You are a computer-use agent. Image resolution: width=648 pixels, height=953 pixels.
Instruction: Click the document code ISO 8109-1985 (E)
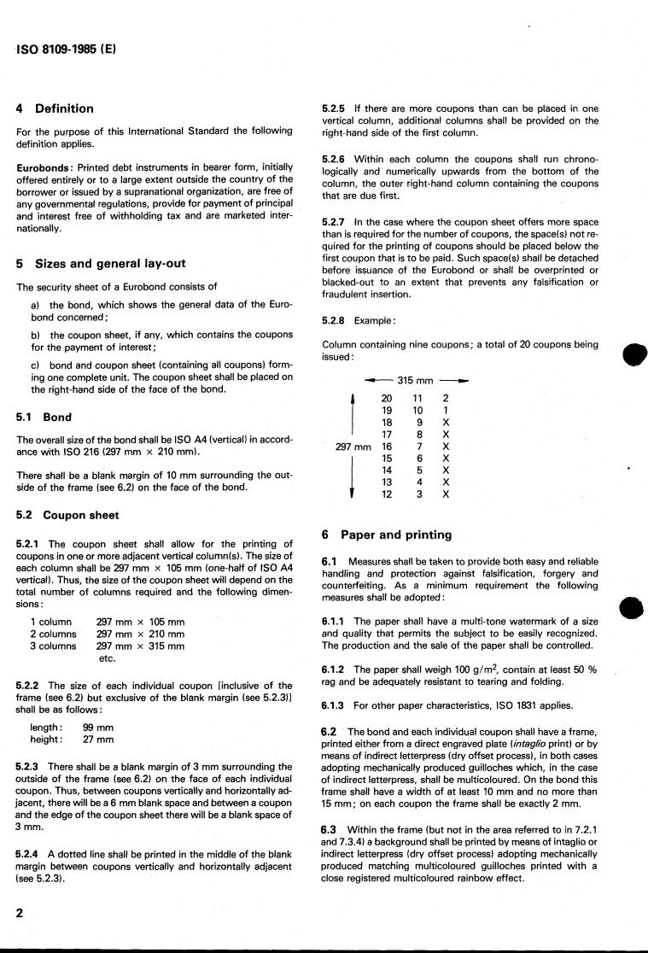pos(66,50)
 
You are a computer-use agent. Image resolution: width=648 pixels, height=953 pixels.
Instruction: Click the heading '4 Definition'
pos(55,108)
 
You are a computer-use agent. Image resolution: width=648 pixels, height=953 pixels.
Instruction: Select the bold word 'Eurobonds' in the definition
pos(42,168)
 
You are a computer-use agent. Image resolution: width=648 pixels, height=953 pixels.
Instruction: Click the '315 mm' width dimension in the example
pos(416,380)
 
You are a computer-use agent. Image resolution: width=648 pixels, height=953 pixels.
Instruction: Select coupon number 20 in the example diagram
pos(387,398)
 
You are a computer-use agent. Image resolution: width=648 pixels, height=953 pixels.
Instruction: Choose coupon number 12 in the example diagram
pos(387,494)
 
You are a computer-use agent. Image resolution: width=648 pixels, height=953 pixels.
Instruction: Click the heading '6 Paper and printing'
pos(387,535)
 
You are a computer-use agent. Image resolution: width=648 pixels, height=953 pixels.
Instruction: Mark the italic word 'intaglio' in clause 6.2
pos(525,745)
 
